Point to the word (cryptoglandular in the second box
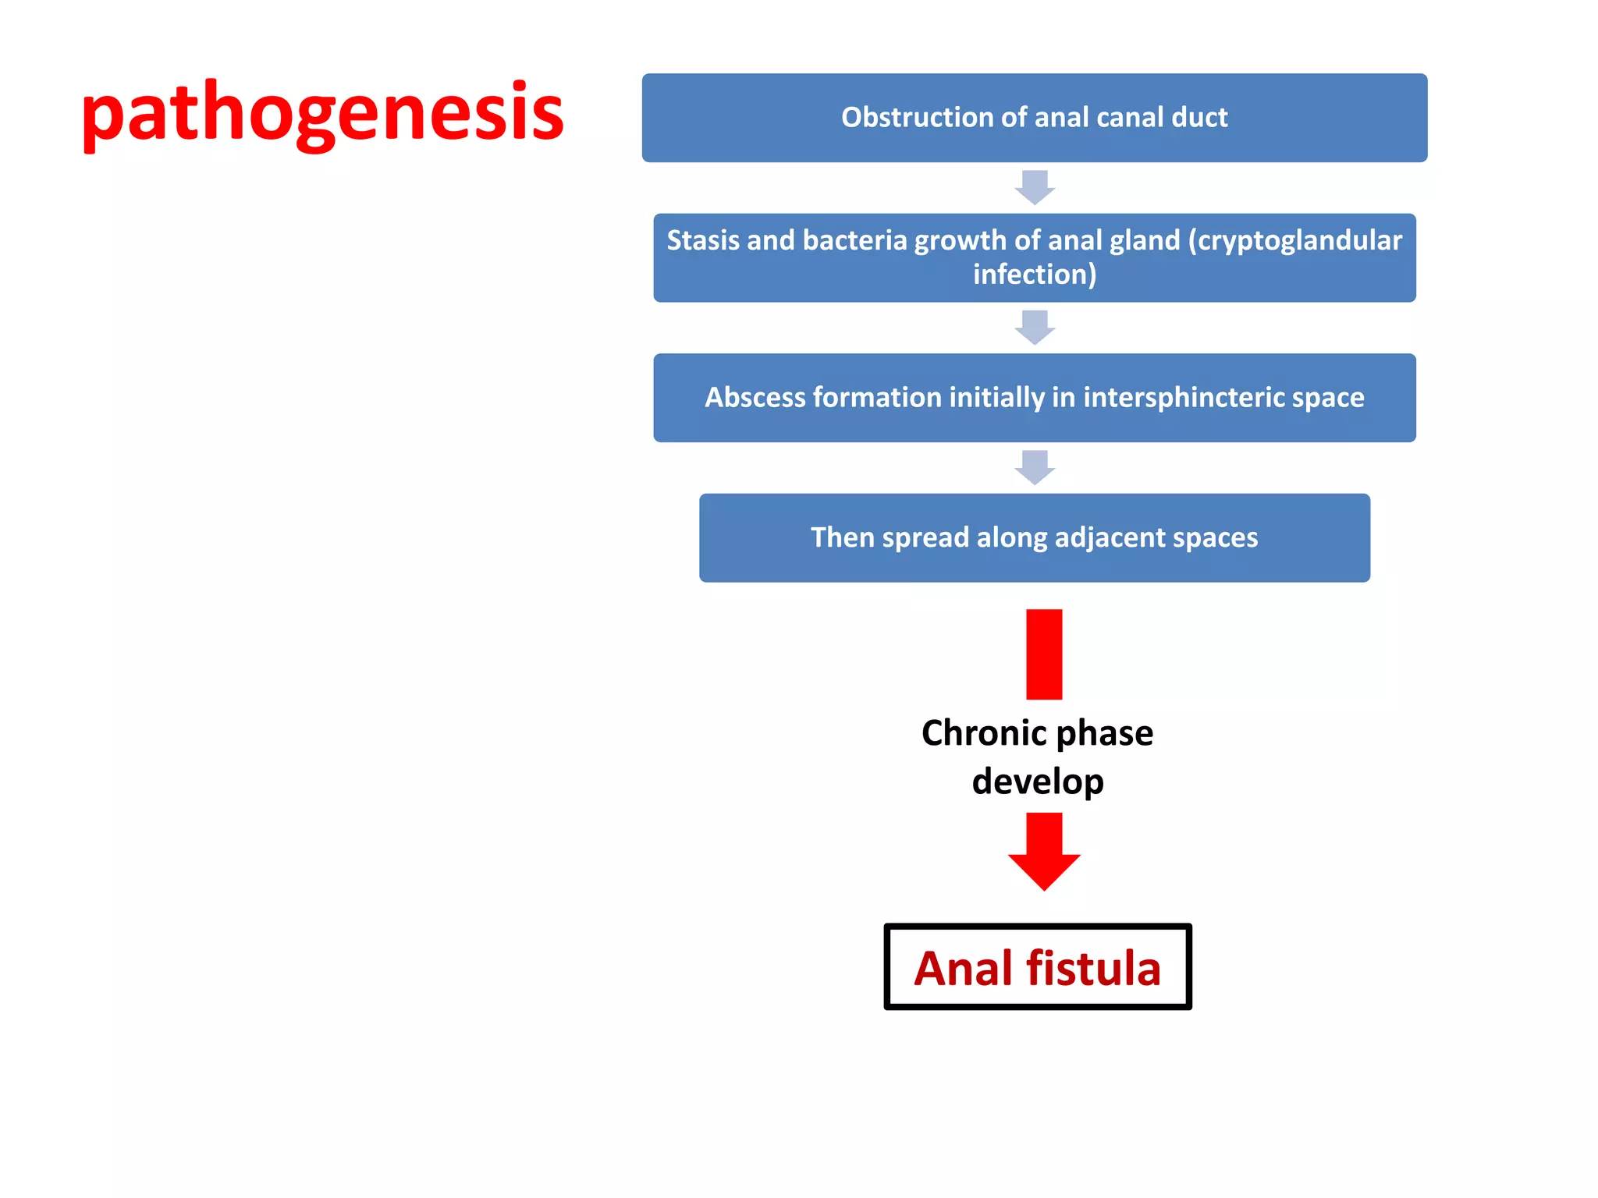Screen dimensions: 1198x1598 coord(1294,240)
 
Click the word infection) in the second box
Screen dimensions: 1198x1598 coord(1035,275)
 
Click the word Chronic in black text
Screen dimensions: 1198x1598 coord(983,733)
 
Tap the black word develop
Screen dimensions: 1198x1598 coord(1038,782)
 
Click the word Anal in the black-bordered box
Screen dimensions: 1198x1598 coord(963,968)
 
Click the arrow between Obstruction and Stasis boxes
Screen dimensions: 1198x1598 coord(1035,187)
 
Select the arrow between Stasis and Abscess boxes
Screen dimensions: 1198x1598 coord(1035,327)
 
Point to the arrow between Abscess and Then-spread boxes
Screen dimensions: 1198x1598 coord(1035,467)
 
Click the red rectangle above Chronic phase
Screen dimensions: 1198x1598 coord(1044,654)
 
